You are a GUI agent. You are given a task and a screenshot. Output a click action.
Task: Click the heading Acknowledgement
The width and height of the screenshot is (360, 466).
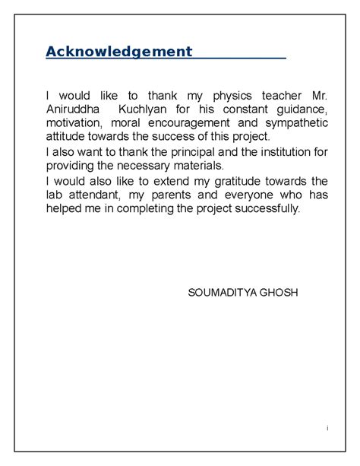tap(118, 52)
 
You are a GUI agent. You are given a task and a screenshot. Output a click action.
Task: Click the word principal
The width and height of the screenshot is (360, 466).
tap(194, 152)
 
